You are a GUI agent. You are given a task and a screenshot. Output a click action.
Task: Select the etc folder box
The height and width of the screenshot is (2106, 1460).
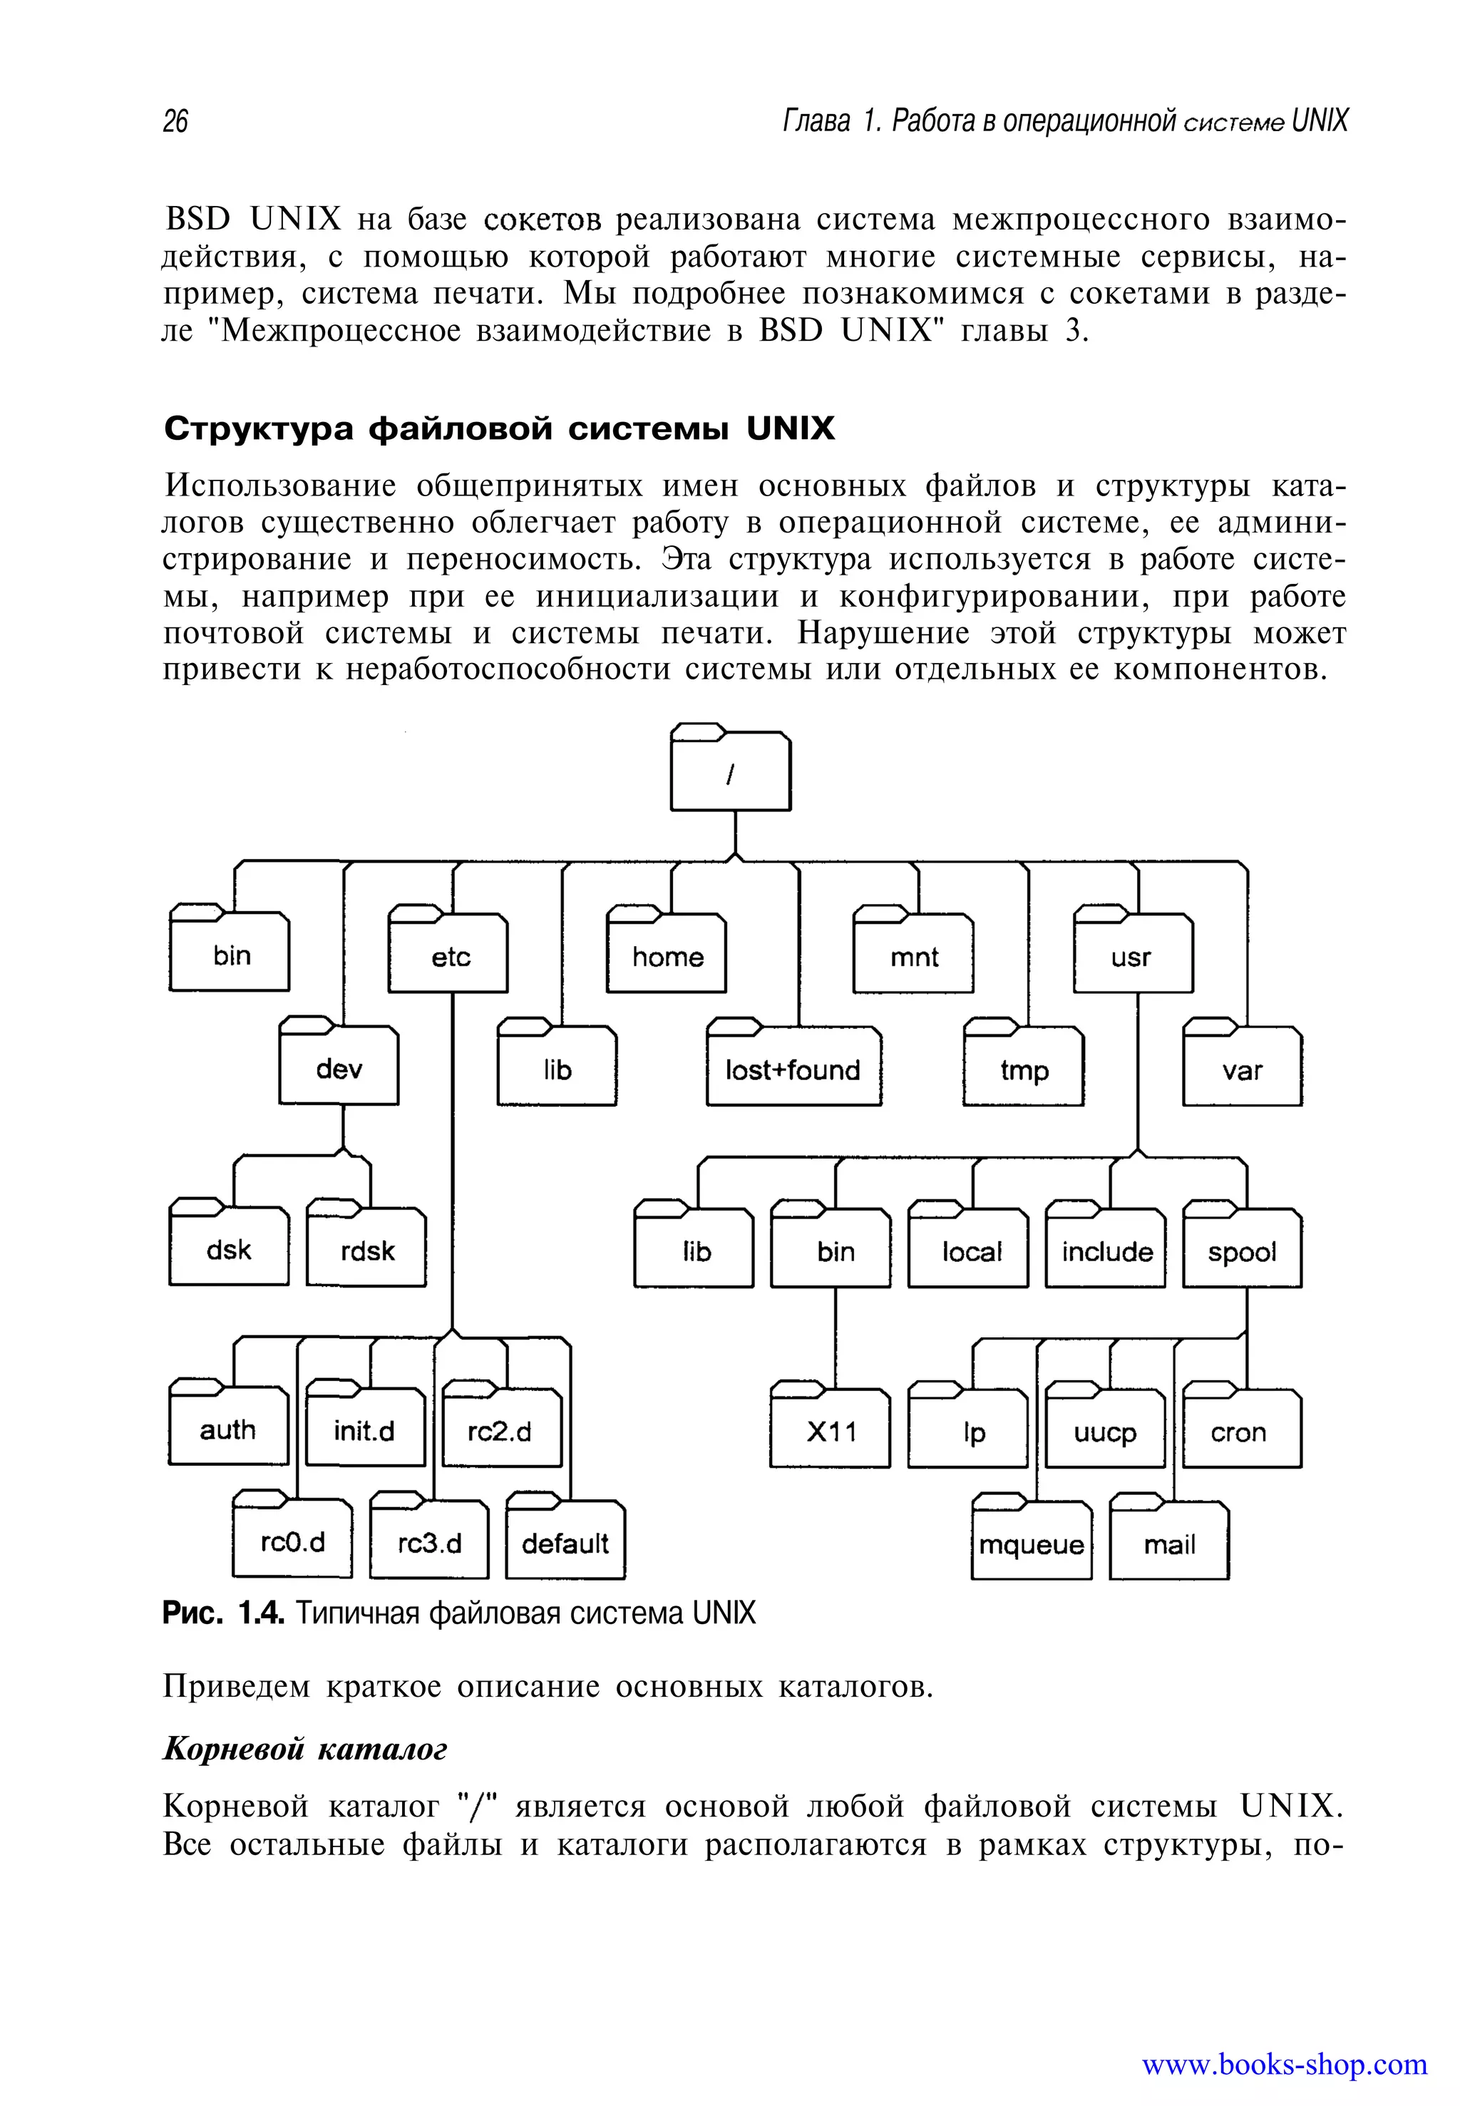pos(448,957)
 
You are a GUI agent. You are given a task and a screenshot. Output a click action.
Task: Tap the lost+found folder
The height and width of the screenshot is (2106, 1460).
pos(793,1069)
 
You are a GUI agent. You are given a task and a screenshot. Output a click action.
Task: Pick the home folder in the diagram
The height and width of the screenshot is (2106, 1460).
pos(667,957)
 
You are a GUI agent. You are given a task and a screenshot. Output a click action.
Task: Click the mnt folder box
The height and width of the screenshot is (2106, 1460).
pos(913,957)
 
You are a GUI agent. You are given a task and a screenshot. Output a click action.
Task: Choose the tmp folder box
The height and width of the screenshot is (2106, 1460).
pos(1023,1069)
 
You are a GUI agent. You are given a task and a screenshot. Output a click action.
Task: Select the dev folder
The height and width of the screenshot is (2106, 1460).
pos(339,1068)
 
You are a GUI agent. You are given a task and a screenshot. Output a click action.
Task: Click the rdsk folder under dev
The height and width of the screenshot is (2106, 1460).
pos(366,1250)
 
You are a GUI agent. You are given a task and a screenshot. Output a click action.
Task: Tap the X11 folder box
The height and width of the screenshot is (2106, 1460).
pos(830,1432)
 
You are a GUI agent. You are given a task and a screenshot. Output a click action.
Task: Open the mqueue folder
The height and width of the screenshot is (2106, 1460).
pos(1031,1544)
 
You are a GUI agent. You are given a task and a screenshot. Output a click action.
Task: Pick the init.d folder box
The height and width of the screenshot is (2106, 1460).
pos(364,1431)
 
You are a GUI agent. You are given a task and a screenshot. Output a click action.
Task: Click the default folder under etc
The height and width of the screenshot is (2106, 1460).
pos(565,1543)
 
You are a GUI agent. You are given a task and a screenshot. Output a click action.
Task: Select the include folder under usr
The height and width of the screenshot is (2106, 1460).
pos(1106,1251)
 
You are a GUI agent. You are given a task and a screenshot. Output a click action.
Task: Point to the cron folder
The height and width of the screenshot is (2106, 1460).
pos(1240,1433)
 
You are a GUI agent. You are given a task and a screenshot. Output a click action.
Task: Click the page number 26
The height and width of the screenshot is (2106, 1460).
pos(175,120)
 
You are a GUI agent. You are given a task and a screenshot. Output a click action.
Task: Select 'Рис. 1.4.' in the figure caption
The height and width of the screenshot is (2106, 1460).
pos(224,1612)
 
